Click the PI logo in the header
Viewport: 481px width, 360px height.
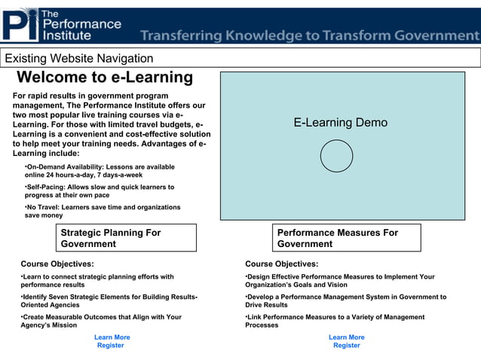[x=20, y=24]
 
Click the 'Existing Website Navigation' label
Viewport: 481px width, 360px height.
[x=79, y=59]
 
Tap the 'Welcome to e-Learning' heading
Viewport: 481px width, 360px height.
[x=105, y=78]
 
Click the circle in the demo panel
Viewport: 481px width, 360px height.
[x=336, y=156]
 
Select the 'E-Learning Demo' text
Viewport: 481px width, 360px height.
[x=341, y=123]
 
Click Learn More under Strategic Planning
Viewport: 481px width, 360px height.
[x=112, y=337]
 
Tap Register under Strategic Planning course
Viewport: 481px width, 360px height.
[x=111, y=346]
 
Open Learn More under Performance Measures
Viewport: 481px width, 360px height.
[x=346, y=337]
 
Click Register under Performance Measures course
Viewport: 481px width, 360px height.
[x=346, y=346]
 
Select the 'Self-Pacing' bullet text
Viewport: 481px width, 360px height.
[x=100, y=191]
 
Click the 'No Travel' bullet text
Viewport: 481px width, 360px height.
[x=103, y=211]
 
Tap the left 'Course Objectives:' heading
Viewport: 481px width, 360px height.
[x=57, y=264]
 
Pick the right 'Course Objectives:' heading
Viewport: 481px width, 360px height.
[x=281, y=264]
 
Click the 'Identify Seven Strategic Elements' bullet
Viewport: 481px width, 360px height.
[x=109, y=301]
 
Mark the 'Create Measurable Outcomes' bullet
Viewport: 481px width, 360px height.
[x=101, y=321]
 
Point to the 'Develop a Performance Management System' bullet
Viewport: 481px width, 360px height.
[x=345, y=301]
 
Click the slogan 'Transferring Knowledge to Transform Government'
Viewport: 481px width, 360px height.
[x=309, y=35]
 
